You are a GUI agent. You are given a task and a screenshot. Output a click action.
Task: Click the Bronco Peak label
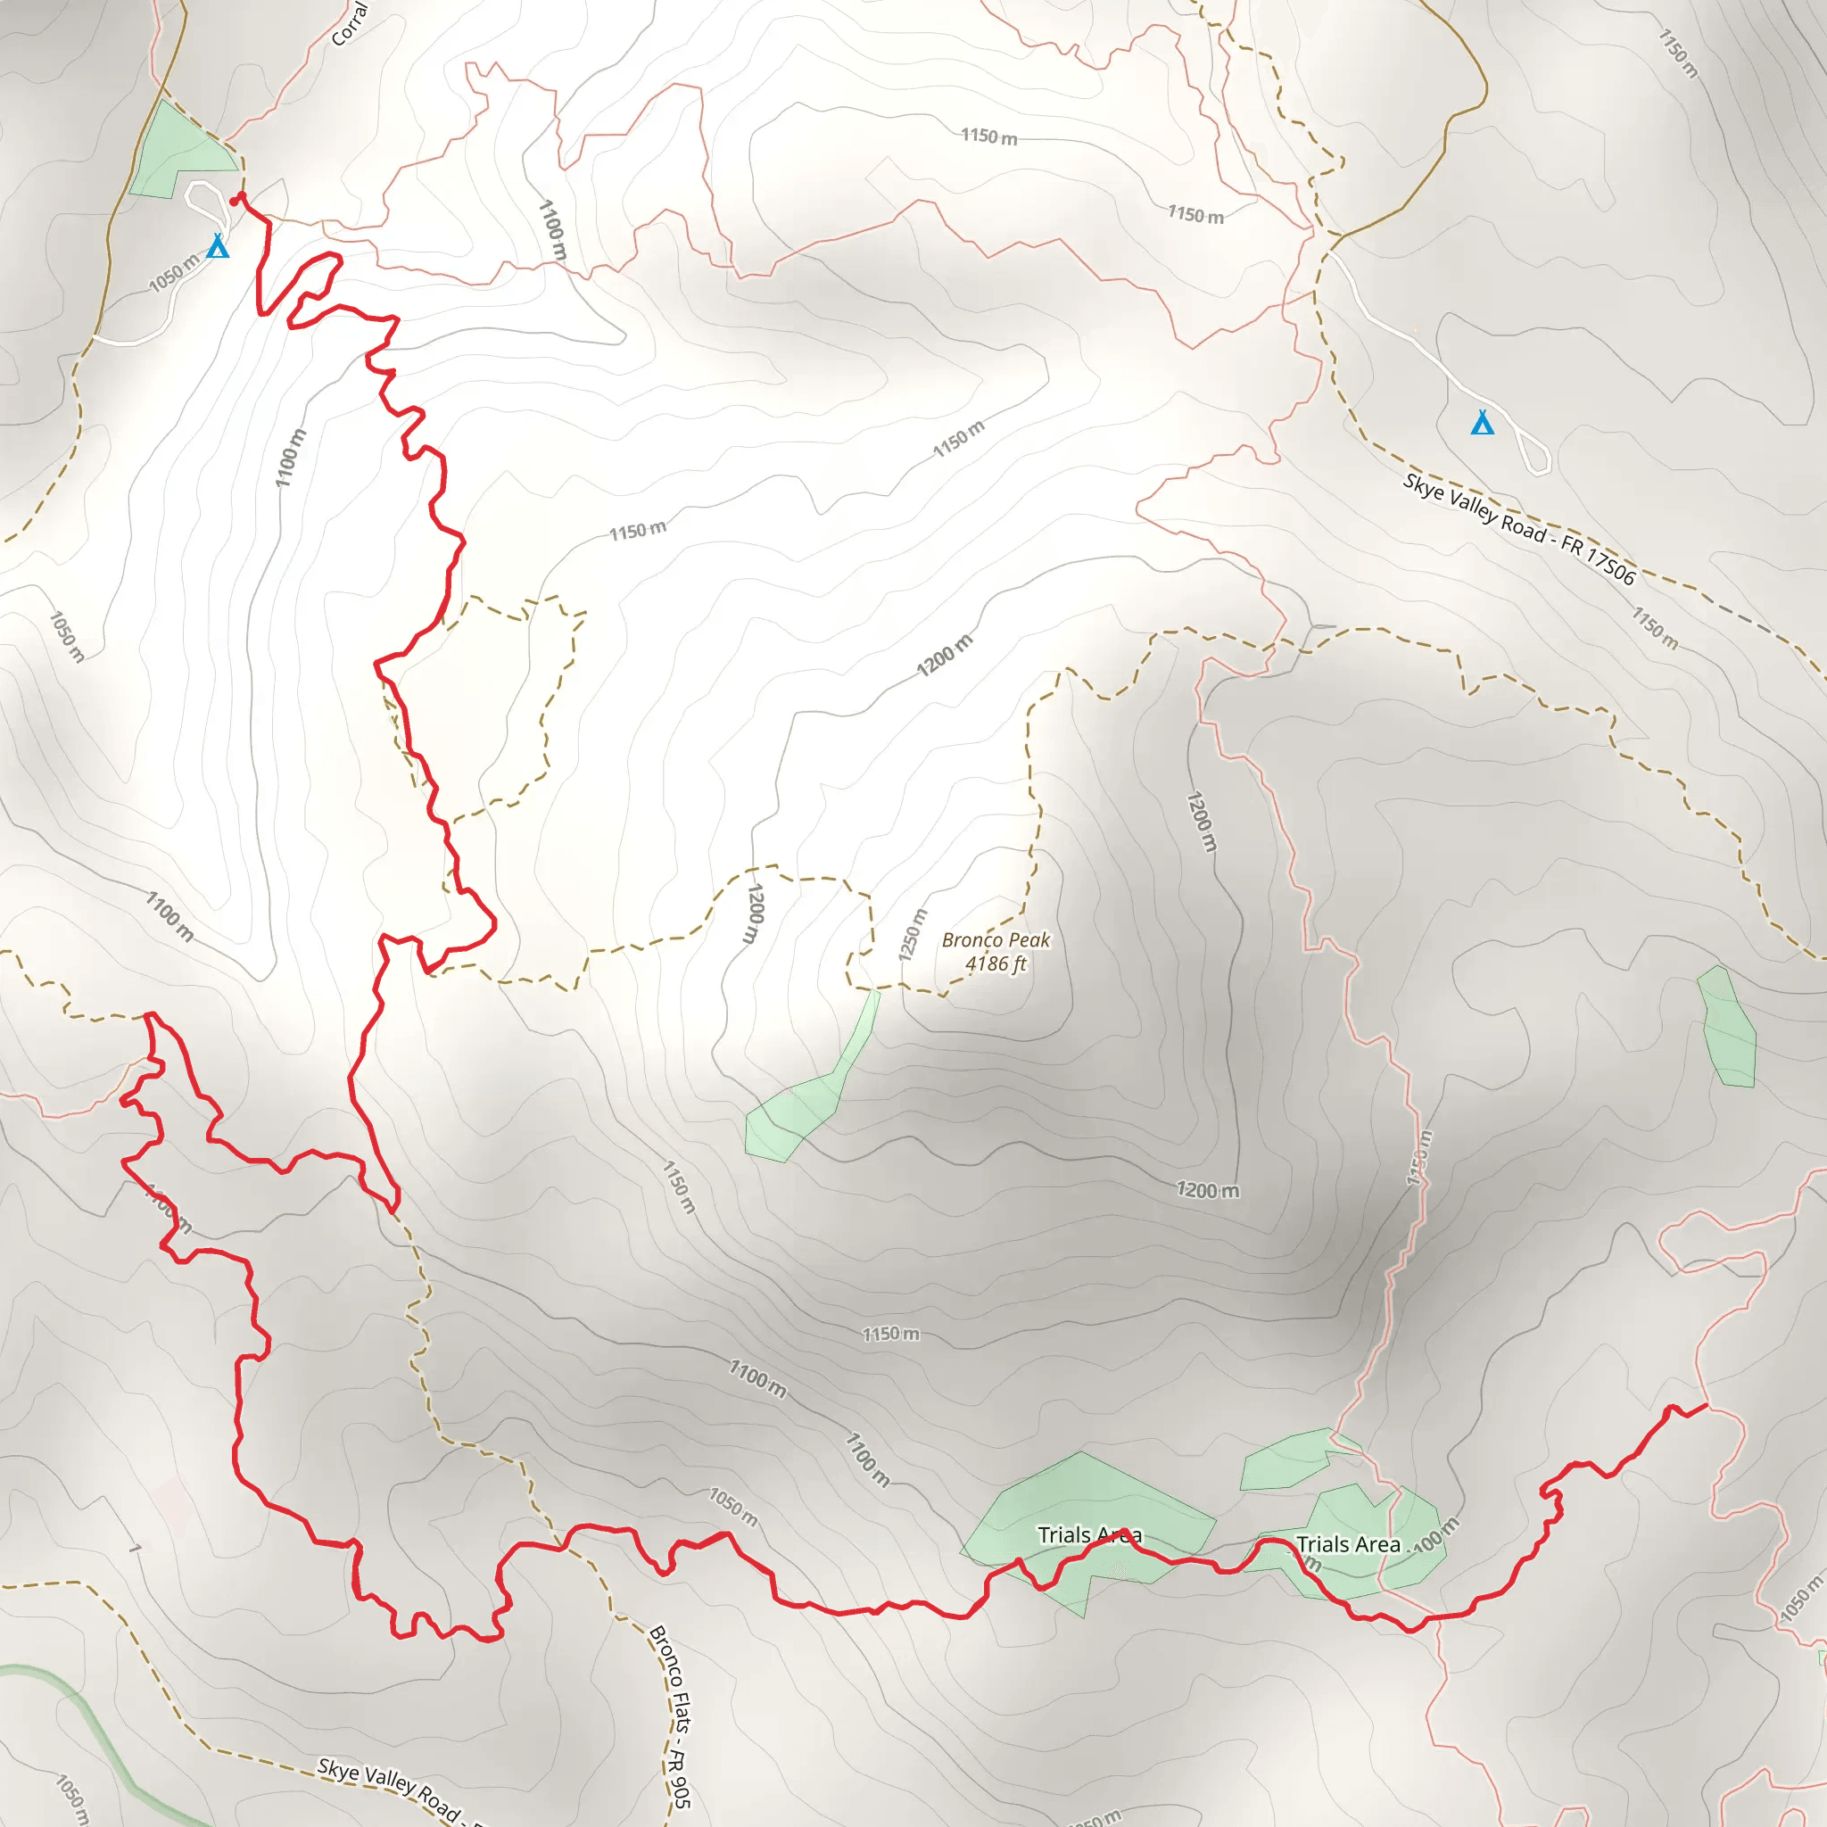tap(996, 940)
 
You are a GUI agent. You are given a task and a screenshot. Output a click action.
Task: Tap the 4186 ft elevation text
tap(996, 963)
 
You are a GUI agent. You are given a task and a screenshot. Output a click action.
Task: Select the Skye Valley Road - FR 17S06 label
tap(1518, 529)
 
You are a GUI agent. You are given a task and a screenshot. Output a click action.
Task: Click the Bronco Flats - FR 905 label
tap(671, 1715)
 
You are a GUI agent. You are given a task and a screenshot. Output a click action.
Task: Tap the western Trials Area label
tap(1089, 1534)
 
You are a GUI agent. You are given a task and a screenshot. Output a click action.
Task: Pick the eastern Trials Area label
tap(1348, 1544)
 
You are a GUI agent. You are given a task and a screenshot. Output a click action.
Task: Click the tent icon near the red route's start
tap(218, 247)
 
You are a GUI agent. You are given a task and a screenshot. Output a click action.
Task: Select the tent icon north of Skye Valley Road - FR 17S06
tap(1482, 423)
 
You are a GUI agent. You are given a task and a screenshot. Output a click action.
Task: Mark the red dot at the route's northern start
tap(236, 199)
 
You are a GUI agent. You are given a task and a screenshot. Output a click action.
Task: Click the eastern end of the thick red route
tap(1705, 1406)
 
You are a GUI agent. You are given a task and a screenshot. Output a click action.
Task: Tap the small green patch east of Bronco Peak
tap(1728, 1028)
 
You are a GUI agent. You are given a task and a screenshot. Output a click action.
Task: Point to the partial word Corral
tap(349, 24)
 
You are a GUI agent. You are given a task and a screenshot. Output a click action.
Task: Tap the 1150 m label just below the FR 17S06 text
tap(1654, 628)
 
